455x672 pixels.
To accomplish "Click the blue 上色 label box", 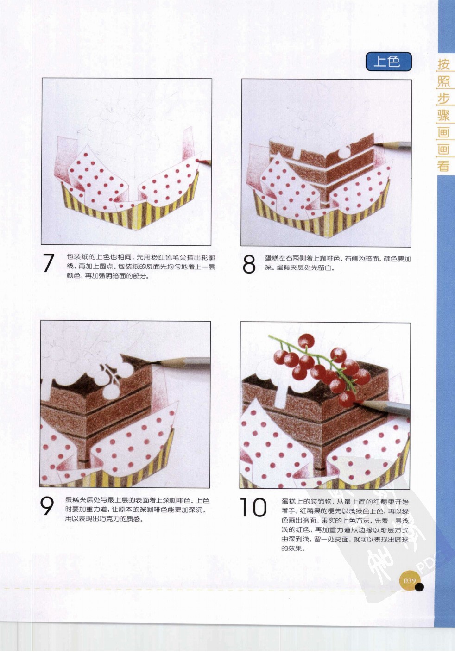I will coord(388,62).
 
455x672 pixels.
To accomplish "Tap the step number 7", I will coord(49,263).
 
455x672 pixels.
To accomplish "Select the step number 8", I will coord(249,264).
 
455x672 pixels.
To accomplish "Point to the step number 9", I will coord(47,506).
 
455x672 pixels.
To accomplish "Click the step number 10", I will coord(253,508).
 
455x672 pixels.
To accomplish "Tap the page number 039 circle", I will coord(410,581).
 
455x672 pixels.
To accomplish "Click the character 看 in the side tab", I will coord(443,166).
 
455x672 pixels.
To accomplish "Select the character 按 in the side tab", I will coord(443,64).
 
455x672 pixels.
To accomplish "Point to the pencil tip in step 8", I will coord(376,145).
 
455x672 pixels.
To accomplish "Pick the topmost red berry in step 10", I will coord(306,342).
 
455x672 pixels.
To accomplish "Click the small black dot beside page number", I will coord(419,587).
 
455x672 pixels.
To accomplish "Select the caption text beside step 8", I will coord(337,263).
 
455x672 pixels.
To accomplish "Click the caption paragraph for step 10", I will coord(345,525).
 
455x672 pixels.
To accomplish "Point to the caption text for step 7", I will coord(140,266).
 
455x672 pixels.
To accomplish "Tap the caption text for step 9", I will coord(137,509).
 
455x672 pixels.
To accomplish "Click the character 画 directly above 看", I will coord(443,149).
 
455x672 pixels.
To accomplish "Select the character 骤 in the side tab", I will coord(443,115).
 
